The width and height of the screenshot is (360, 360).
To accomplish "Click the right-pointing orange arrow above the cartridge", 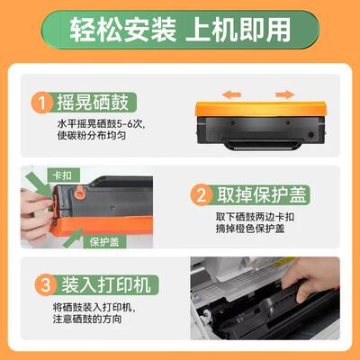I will click(x=284, y=93).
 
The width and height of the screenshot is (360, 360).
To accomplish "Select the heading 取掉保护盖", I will click(x=261, y=195).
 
